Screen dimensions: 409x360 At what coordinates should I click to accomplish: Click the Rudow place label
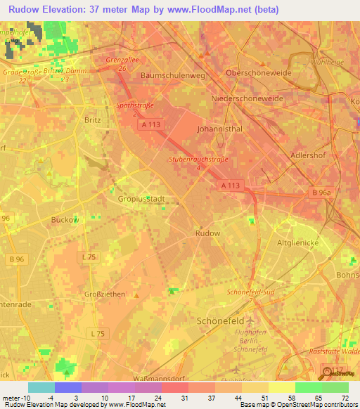point(207,233)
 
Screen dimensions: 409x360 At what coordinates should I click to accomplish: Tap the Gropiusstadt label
point(141,199)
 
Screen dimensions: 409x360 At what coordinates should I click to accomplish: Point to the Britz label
point(92,119)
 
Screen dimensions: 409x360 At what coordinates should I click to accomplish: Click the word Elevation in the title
point(67,10)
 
